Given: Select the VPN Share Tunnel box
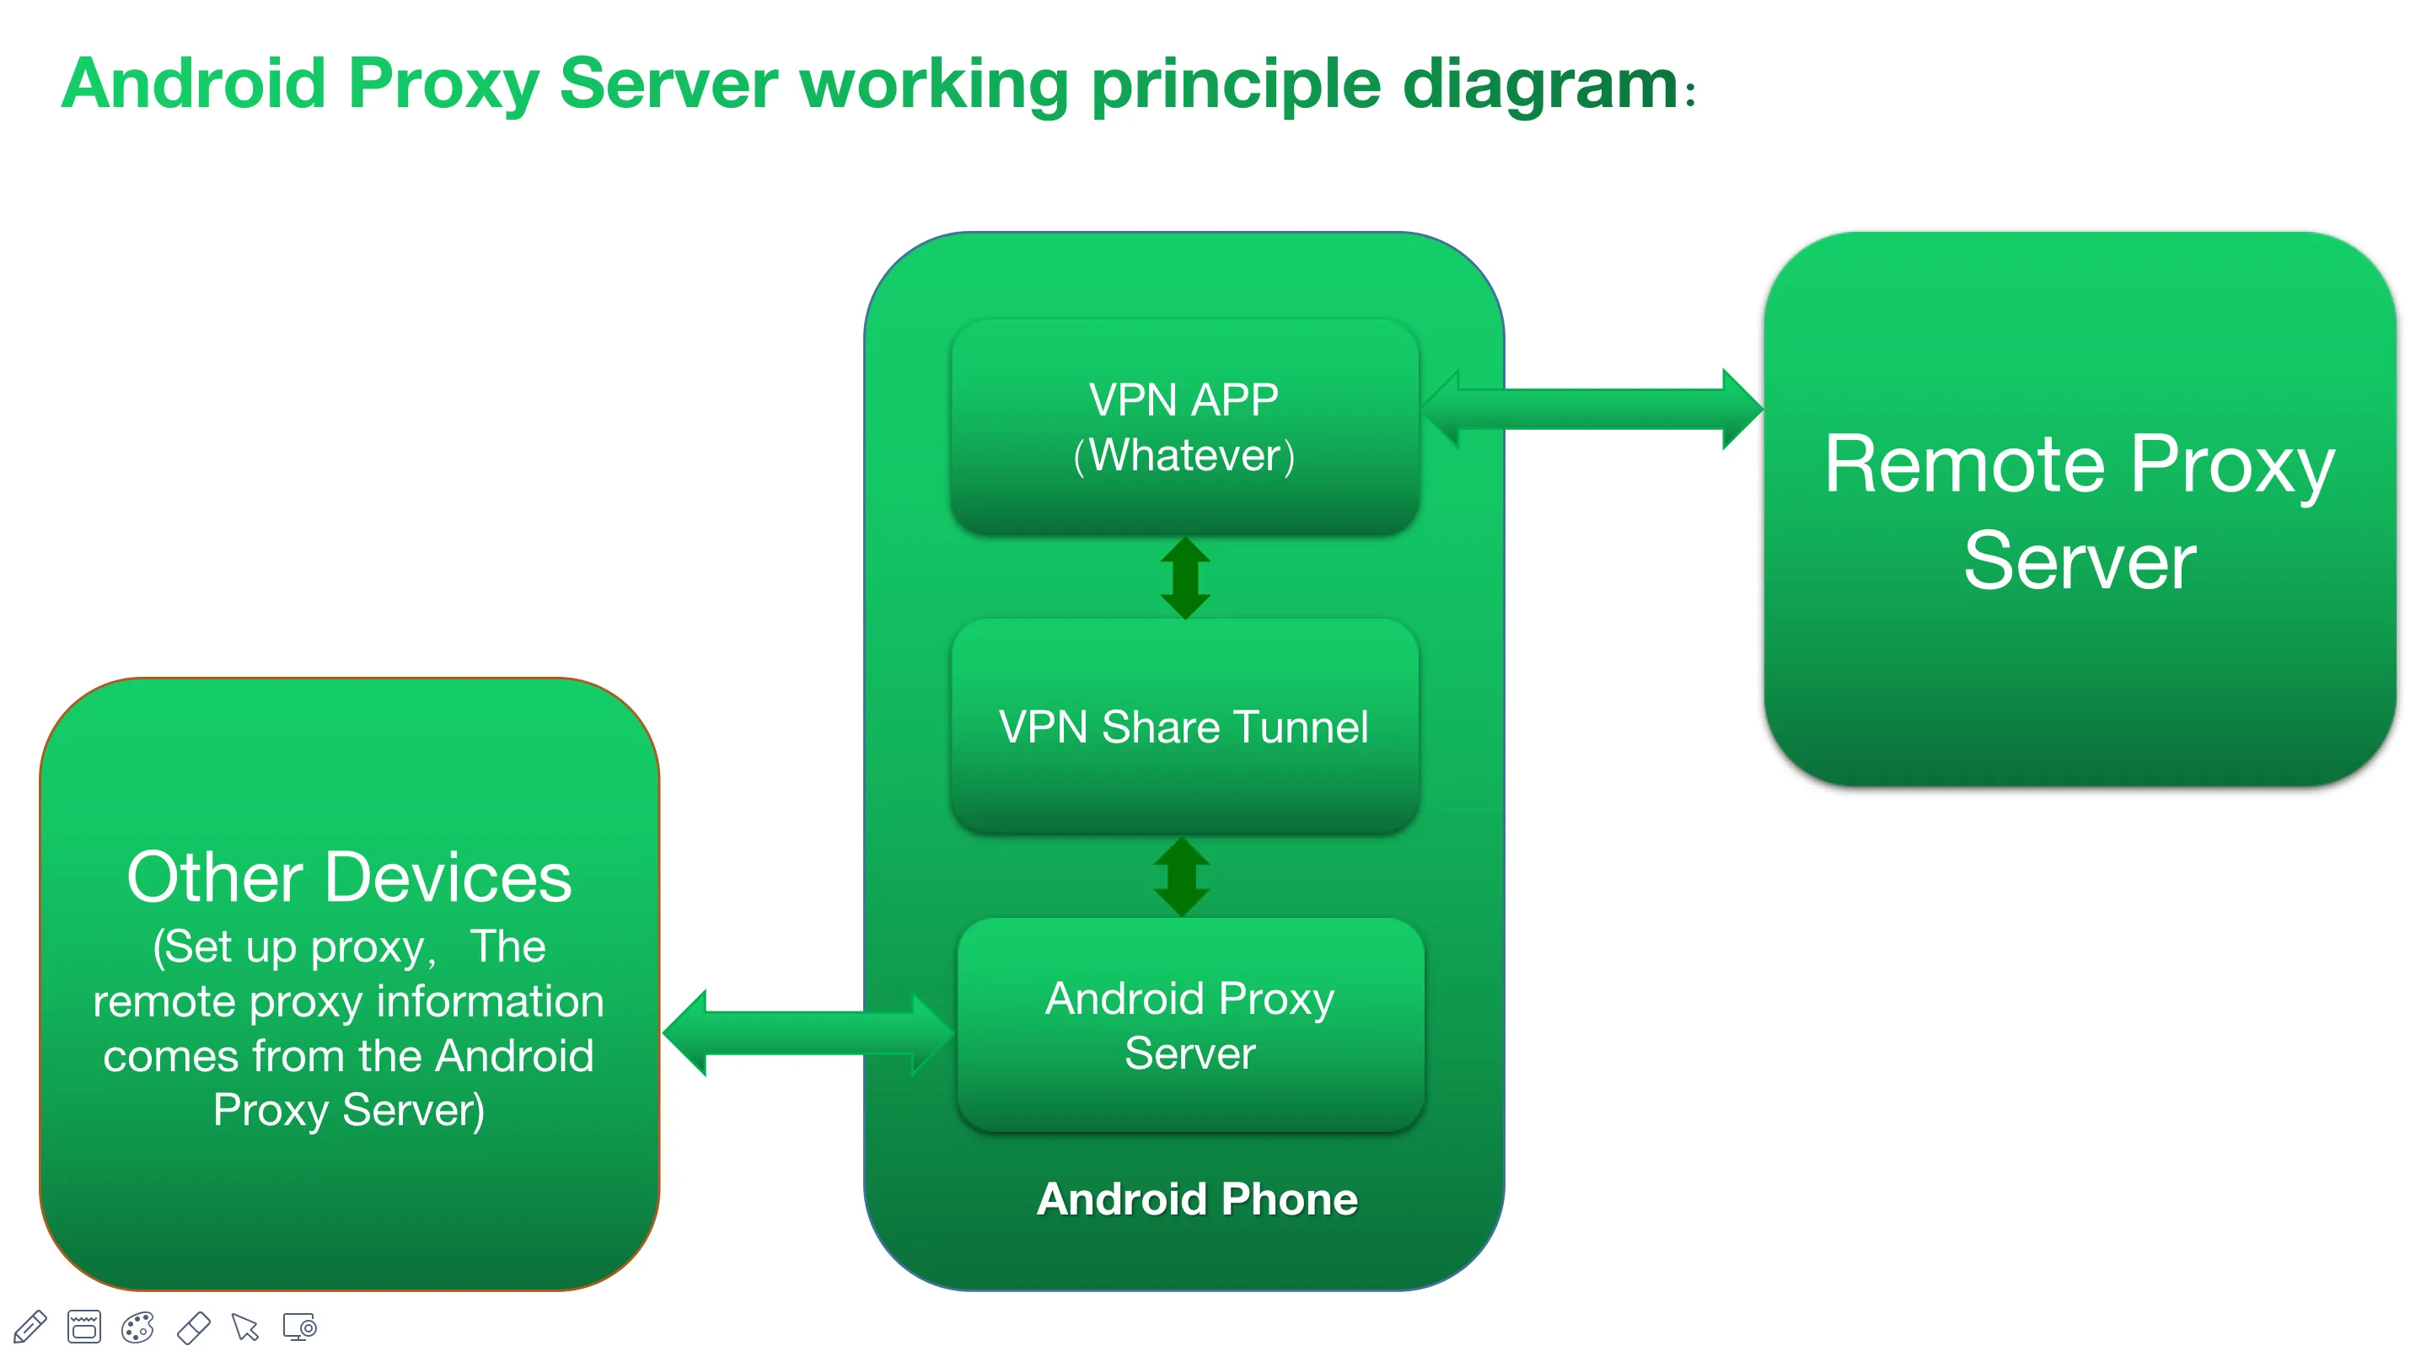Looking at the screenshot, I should tap(1184, 727).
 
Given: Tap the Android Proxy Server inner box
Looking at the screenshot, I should tap(1189, 1027).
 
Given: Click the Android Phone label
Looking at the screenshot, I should tap(1196, 1199).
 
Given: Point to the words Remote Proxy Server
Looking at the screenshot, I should tap(2079, 512).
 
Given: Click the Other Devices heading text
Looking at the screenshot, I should tap(349, 878).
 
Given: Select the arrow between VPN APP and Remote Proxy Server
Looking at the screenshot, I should tap(1592, 410).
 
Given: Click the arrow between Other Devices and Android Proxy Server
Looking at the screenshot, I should tap(808, 1032).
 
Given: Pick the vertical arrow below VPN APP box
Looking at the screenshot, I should tap(1185, 577).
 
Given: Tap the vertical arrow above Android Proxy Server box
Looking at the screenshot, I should tap(1181, 877).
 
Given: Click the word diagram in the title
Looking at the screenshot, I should tap(1538, 84).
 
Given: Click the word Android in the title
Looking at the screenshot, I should tap(194, 84).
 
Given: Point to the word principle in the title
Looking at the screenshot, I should tap(1235, 84).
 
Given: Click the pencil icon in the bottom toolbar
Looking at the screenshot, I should tap(30, 1327).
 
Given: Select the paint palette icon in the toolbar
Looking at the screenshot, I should tap(138, 1327).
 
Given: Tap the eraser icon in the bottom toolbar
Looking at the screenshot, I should tap(193, 1327).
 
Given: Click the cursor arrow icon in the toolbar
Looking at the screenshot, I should tap(245, 1327).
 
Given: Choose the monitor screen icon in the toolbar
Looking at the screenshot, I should tap(300, 1327).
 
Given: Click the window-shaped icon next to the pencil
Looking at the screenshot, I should tap(83, 1327).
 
